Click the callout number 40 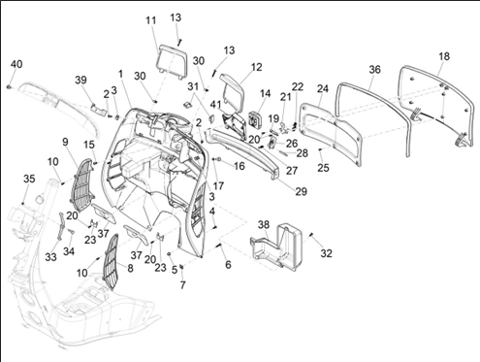16,64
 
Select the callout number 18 444,56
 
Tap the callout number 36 374,69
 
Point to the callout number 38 264,224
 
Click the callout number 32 326,253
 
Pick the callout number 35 29,179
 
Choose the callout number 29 301,191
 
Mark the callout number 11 151,20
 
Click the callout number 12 256,67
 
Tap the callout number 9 65,142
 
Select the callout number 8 130,268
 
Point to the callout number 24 322,88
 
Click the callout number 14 265,93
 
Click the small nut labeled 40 9,86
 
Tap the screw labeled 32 311,235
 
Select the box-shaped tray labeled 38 276,247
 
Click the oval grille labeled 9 82,181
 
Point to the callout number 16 240,166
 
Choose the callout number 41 215,105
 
